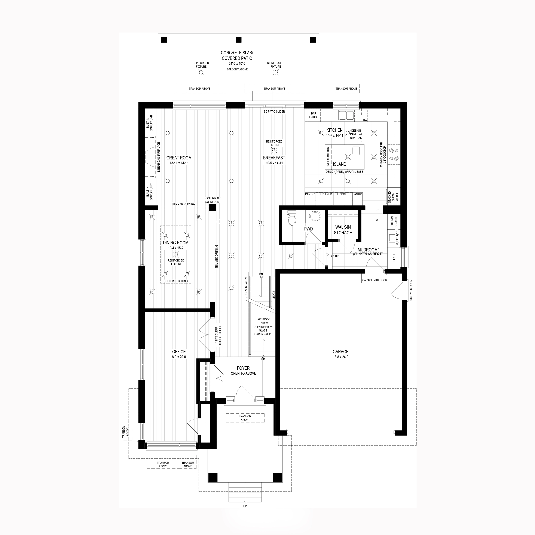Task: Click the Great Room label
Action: pyautogui.click(x=179, y=158)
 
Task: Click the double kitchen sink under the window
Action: pyautogui.click(x=346, y=115)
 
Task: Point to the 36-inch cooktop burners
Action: pyautogui.click(x=394, y=155)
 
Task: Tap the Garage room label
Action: pyautogui.click(x=341, y=352)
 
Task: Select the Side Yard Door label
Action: pyautogui.click(x=411, y=290)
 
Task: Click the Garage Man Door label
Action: pyautogui.click(x=375, y=280)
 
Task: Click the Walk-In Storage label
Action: pyautogui.click(x=343, y=230)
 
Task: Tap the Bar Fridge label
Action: pyautogui.click(x=314, y=115)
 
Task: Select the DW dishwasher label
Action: pyautogui.click(x=365, y=120)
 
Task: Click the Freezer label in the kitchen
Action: pyautogui.click(x=326, y=194)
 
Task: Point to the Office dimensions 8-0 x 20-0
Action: pyautogui.click(x=179, y=357)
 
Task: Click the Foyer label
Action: pyautogui.click(x=243, y=368)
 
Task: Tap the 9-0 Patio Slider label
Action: pyautogui.click(x=274, y=111)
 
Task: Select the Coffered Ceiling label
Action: pyautogui.click(x=175, y=281)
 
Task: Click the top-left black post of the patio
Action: pyautogui.click(x=164, y=40)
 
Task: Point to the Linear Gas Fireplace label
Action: pyautogui.click(x=159, y=157)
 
